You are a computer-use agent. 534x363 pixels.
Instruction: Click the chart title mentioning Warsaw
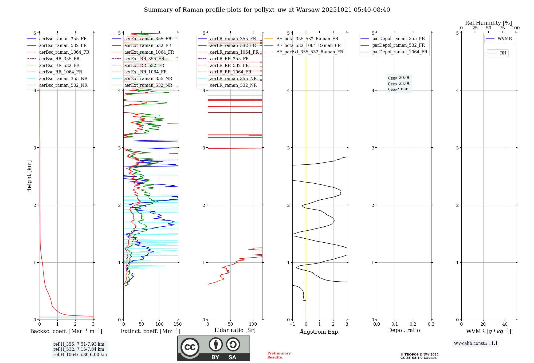click(267, 10)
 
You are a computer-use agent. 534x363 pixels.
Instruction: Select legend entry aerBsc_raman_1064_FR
click(64, 52)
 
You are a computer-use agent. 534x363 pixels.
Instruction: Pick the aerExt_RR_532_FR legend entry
click(144, 65)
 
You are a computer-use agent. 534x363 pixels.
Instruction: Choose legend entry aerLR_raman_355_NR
click(233, 79)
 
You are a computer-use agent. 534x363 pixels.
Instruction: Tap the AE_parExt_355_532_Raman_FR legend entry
click(309, 52)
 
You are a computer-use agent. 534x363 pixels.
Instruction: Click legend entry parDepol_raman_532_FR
click(398, 45)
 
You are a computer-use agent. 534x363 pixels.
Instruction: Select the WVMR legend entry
click(504, 39)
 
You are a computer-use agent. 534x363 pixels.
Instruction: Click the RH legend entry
click(503, 53)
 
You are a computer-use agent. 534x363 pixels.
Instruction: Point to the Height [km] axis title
click(29, 176)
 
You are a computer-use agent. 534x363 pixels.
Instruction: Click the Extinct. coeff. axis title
click(151, 331)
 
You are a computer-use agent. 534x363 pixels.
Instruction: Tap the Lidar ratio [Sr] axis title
click(235, 330)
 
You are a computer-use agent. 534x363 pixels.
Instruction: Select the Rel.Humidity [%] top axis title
click(488, 23)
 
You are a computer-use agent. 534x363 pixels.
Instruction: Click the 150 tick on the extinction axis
click(178, 324)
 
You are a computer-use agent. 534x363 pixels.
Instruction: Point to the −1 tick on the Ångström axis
click(292, 324)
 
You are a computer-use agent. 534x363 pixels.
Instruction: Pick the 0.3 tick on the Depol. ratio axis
click(431, 324)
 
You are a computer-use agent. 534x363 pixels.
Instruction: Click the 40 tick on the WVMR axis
click(505, 324)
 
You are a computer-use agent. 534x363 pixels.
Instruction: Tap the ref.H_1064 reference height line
click(80, 355)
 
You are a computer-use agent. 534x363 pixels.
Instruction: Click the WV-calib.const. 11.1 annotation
click(476, 344)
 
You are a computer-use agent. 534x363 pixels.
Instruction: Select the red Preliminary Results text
click(279, 355)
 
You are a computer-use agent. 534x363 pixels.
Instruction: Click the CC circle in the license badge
click(190, 347)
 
